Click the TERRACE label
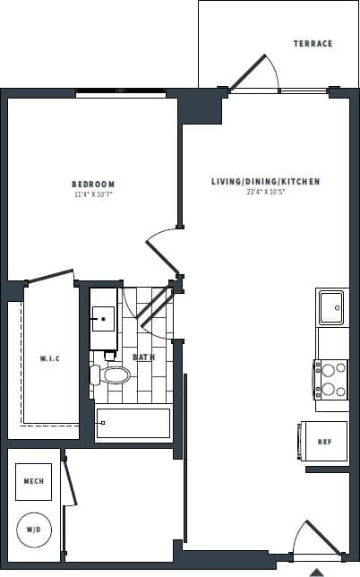(x=313, y=44)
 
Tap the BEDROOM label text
(x=93, y=185)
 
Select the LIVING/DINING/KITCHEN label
(x=265, y=182)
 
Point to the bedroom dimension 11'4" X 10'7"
(x=93, y=194)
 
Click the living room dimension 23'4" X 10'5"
(x=265, y=192)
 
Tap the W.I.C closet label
(x=49, y=359)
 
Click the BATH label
(x=143, y=357)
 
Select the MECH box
(x=34, y=481)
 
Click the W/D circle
(x=34, y=528)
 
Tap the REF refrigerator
(x=324, y=442)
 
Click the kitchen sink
(x=332, y=307)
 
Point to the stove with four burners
(x=330, y=379)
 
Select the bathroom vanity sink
(x=103, y=317)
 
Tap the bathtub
(x=133, y=424)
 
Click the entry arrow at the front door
(x=315, y=571)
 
